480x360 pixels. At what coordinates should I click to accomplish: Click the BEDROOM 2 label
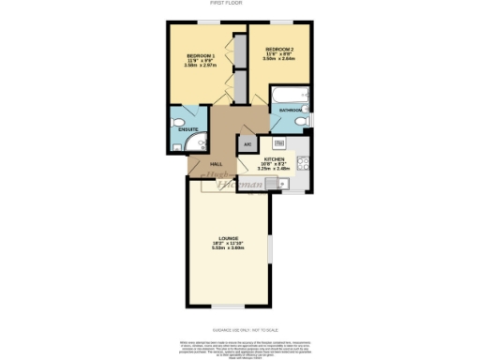(279, 49)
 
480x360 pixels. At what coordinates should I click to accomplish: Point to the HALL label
(202, 161)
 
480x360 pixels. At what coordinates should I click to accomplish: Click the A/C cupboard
(247, 144)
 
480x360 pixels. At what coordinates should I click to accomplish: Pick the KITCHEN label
(274, 159)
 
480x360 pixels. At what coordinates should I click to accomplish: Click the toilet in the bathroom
(301, 121)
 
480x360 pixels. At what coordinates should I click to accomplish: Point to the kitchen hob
(303, 165)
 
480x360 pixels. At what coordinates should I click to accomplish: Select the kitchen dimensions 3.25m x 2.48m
(274, 170)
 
